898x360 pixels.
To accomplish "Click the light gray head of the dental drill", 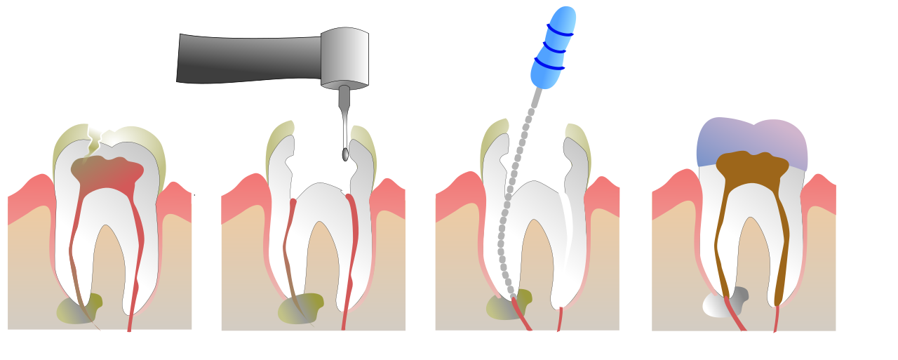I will point(345,58).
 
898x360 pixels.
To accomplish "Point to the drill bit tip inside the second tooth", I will point(345,154).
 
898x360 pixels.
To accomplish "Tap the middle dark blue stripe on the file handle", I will point(554,48).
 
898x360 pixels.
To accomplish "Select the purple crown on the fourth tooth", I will point(751,140).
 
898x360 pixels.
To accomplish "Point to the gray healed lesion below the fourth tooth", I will point(723,303).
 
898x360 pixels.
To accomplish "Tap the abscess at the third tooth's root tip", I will point(507,305).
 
